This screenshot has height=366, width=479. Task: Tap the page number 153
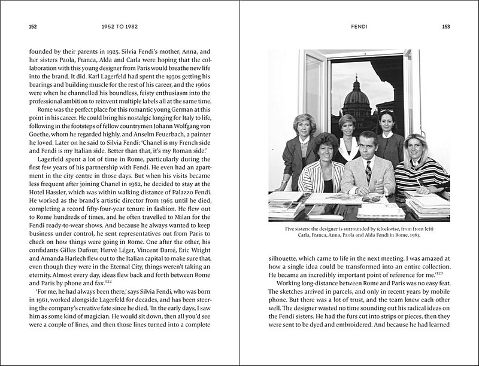(x=445, y=26)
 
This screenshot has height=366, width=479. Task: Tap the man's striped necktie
(x=369, y=173)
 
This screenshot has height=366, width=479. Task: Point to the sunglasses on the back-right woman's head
(x=387, y=112)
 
